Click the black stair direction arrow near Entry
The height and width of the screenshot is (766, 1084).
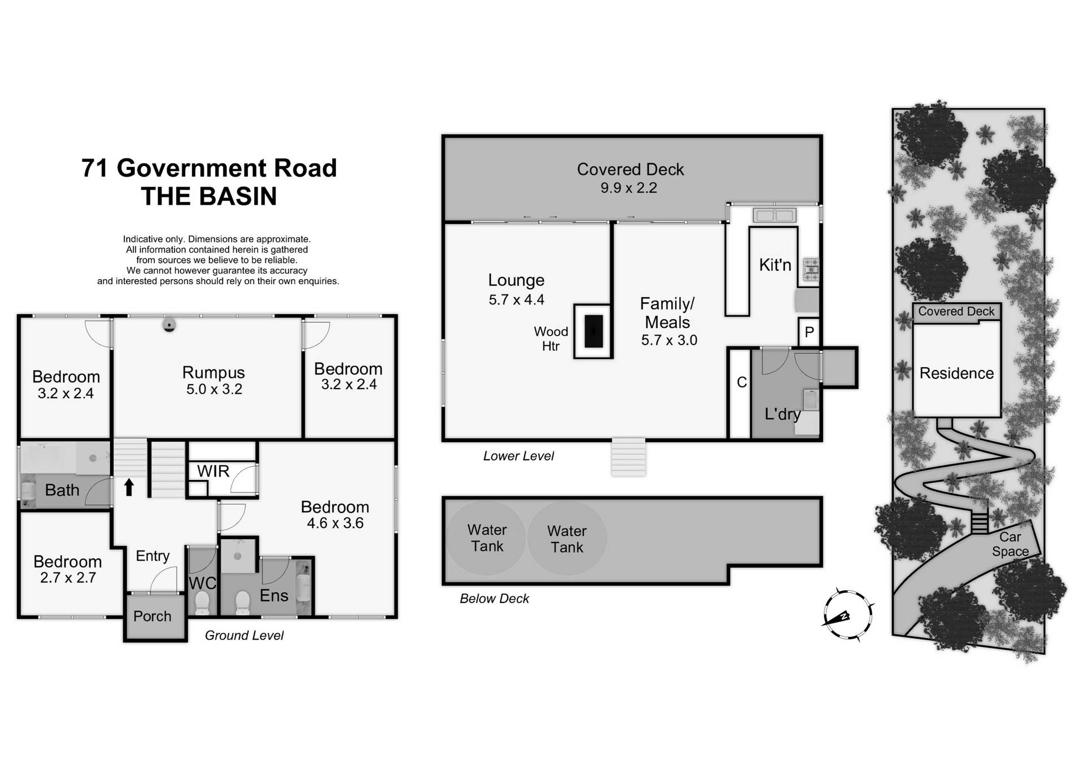(129, 487)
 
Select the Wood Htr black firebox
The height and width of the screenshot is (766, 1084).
(593, 331)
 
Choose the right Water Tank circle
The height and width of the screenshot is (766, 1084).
(567, 539)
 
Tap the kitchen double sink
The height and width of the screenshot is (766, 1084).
(775, 215)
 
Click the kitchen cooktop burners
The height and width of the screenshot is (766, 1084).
(810, 270)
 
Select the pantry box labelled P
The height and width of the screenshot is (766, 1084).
(809, 332)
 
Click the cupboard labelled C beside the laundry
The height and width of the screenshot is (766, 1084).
(741, 382)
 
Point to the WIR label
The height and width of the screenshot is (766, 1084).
(213, 472)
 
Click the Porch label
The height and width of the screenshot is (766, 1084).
(152, 617)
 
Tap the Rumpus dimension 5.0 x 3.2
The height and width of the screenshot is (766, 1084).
(214, 389)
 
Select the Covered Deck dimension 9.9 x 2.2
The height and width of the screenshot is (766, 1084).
(628, 188)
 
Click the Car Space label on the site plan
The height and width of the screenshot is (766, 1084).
(1010, 544)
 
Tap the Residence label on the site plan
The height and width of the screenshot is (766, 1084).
(956, 373)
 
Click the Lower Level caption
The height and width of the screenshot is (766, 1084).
(518, 456)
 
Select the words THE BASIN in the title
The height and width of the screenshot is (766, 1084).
(209, 196)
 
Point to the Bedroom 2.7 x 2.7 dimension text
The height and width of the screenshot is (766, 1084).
(68, 578)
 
